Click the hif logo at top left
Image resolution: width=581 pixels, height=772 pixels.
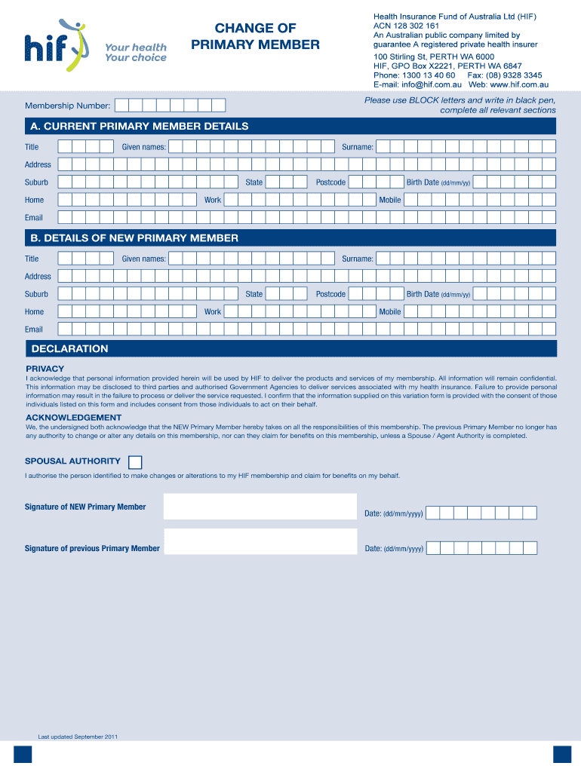[57, 44]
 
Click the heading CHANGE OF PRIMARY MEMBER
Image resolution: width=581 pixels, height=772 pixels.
[255, 37]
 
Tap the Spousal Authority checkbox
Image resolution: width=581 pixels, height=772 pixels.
[135, 462]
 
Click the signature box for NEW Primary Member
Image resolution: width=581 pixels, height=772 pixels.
[260, 507]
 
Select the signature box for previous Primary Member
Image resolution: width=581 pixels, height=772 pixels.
[260, 541]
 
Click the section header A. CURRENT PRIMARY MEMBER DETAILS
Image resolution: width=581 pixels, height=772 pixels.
[140, 126]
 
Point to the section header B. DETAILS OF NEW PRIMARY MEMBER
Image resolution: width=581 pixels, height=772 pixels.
[134, 238]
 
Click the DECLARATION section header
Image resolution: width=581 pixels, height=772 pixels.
[69, 349]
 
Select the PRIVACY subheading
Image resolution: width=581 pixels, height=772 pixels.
[45, 369]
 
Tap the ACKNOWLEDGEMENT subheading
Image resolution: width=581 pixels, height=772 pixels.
[73, 417]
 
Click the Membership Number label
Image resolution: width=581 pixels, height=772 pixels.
[68, 106]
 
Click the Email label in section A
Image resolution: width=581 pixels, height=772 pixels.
[34, 218]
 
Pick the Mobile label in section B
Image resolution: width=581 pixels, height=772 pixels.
[390, 312]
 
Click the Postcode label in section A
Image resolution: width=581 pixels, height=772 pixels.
[330, 182]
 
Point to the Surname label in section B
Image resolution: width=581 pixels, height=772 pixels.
[357, 259]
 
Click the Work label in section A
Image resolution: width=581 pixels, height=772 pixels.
[213, 200]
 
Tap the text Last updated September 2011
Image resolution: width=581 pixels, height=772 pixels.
[78, 737]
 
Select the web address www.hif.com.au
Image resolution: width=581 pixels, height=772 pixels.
[516, 85]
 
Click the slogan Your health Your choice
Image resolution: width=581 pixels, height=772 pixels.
[136, 53]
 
